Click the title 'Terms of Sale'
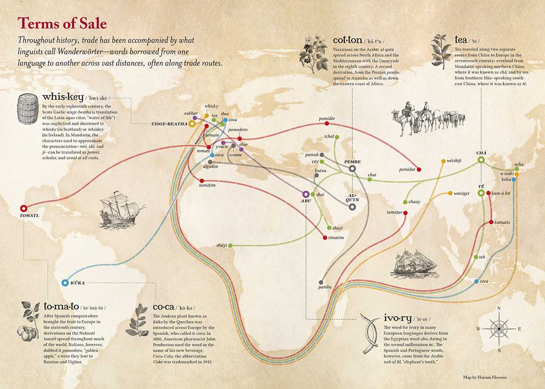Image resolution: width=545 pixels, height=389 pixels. pyautogui.click(x=62, y=23)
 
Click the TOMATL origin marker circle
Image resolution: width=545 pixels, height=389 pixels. pyautogui.click(x=24, y=208)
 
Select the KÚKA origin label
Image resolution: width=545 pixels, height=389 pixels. pyautogui.click(x=78, y=283)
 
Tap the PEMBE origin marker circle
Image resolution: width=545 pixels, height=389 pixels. pyautogui.click(x=352, y=168)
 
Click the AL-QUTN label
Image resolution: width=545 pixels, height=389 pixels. pyautogui.click(x=352, y=198)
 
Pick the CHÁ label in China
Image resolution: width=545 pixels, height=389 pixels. pyautogui.click(x=481, y=153)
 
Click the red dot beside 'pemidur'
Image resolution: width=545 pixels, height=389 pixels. pyautogui.click(x=419, y=169)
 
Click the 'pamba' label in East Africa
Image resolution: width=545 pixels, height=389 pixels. pyautogui.click(x=325, y=287)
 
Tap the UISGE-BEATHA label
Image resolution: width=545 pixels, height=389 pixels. pyautogui.click(x=169, y=123)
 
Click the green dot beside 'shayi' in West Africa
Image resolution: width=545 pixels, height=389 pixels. pyautogui.click(x=230, y=246)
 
